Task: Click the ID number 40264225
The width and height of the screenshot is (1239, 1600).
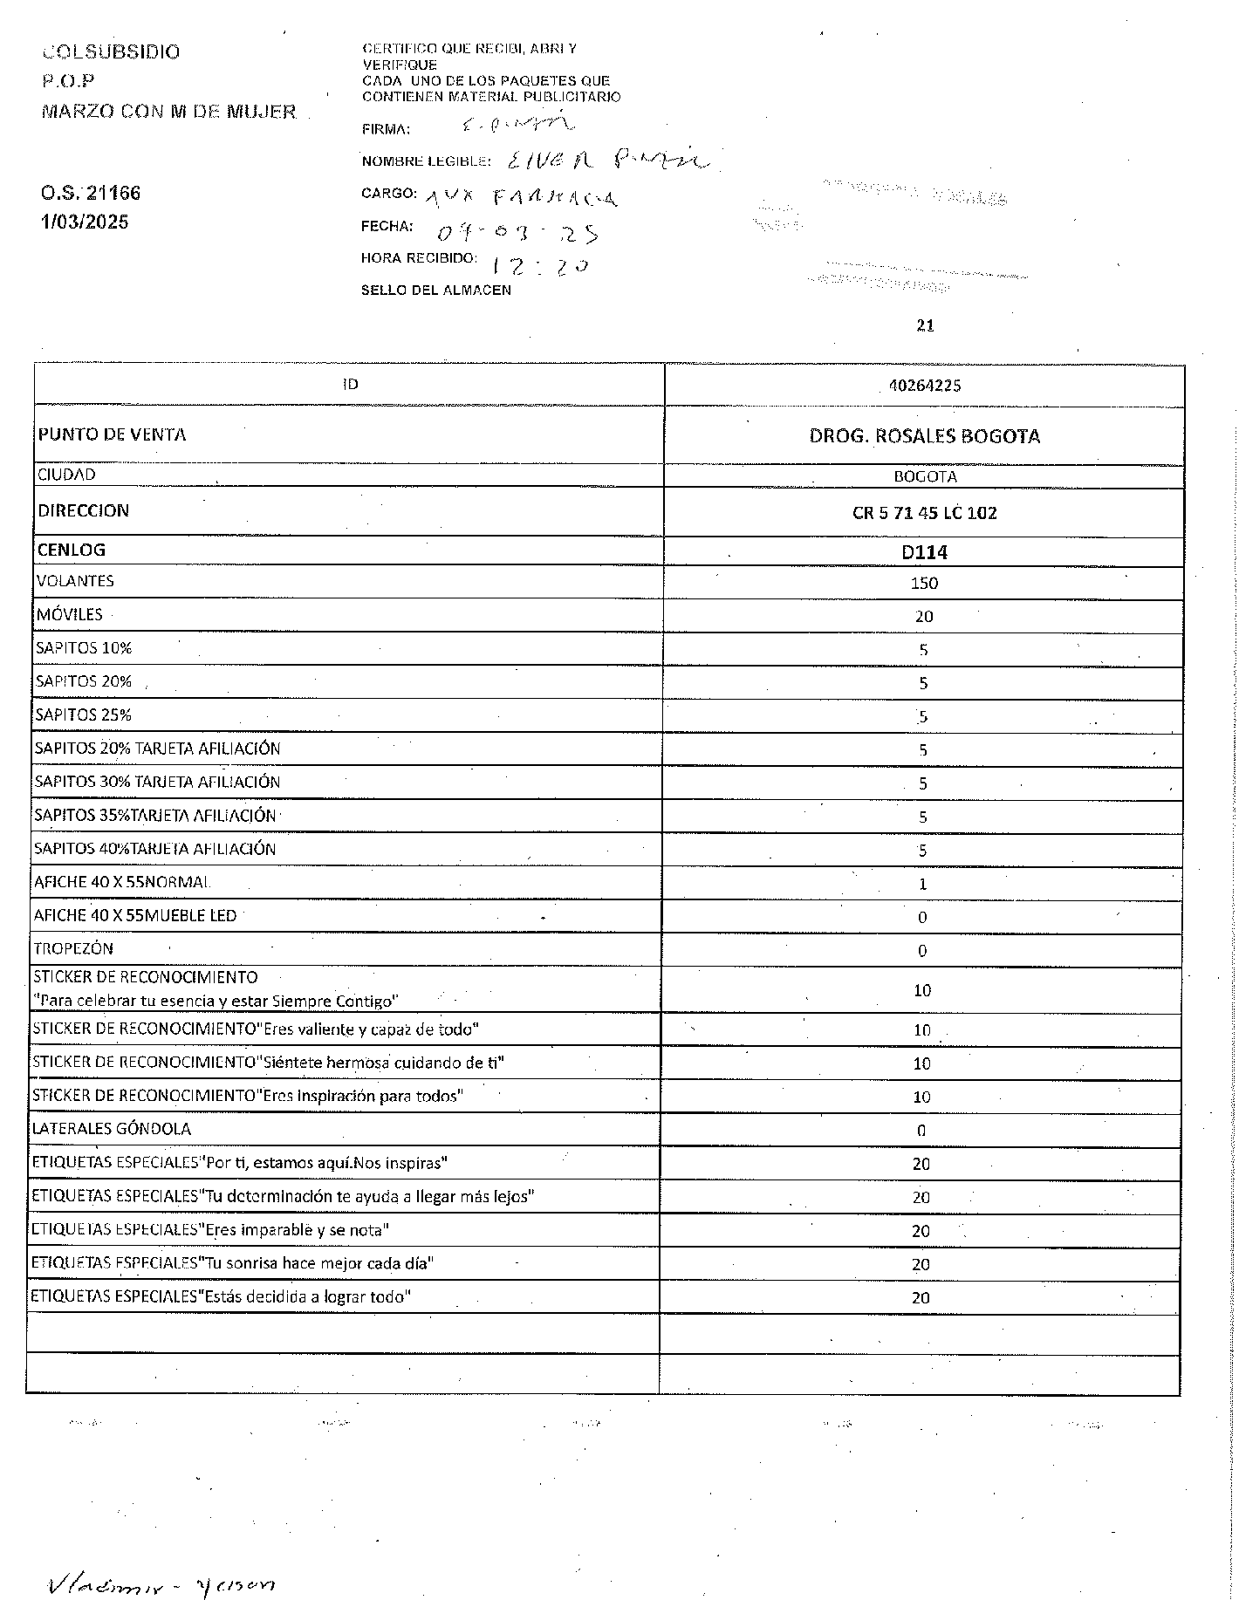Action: tap(924, 386)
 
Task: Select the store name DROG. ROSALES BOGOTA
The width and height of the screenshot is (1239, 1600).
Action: tap(924, 436)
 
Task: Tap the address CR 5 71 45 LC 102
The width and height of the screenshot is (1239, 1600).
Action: tap(924, 513)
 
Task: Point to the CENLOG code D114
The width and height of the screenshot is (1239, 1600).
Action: tap(924, 552)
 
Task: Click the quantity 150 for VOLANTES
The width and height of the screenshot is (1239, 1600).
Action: tap(924, 584)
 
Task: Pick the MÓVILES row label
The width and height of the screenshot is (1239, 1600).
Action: tap(70, 615)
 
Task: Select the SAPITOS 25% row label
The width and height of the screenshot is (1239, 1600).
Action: tap(84, 715)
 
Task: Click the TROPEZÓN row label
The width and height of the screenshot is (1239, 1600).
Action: tap(73, 949)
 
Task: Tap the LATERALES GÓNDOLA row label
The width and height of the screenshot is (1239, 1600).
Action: tap(112, 1129)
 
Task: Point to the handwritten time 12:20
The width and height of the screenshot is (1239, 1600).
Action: tap(540, 266)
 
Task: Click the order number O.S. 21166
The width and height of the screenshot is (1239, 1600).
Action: tap(91, 193)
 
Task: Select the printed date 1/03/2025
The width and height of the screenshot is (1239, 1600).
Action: tap(85, 222)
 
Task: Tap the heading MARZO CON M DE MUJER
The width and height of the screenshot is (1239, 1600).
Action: tap(169, 112)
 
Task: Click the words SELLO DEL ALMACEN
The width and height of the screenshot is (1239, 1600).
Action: tap(436, 291)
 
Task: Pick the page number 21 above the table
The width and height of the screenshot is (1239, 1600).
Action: tap(926, 326)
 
